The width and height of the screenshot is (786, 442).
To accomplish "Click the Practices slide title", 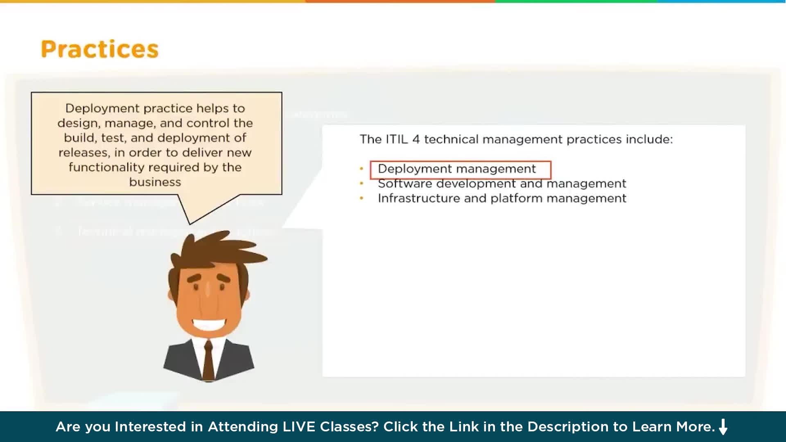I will click(99, 49).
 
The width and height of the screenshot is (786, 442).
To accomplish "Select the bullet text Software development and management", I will click(501, 184).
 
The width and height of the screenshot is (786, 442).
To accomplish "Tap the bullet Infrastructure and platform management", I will click(501, 198).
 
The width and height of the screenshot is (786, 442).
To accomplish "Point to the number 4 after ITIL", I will click(416, 140).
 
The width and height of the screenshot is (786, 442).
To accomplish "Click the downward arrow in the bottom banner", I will click(723, 427).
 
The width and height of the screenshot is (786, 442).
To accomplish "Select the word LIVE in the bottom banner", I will click(299, 427).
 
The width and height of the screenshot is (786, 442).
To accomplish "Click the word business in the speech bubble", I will click(155, 182).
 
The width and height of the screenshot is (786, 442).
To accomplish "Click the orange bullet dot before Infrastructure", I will click(361, 198).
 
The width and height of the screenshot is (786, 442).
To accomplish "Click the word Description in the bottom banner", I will click(568, 427).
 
